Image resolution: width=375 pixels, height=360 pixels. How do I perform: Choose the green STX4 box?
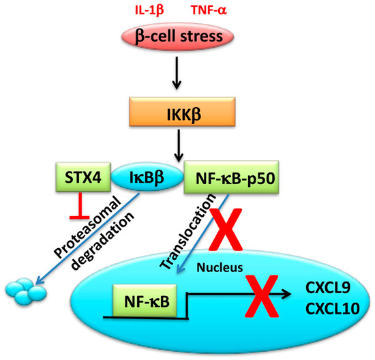[x=79, y=179]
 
